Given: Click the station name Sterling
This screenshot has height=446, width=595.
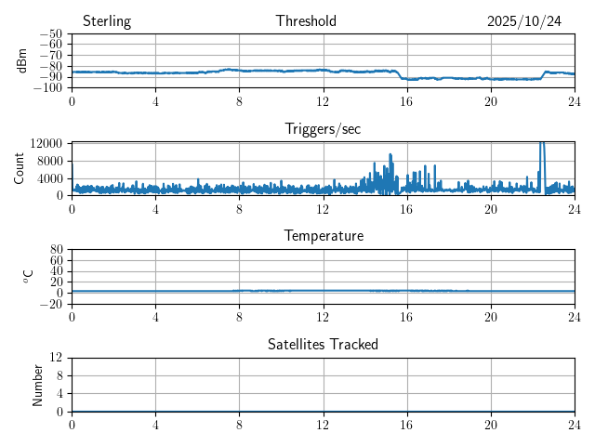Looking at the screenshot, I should click(x=107, y=21).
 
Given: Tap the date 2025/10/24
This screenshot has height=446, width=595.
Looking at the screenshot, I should click(x=524, y=21).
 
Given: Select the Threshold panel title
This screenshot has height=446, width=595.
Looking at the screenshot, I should click(x=306, y=21).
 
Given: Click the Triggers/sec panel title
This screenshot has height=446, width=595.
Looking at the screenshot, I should click(x=323, y=129).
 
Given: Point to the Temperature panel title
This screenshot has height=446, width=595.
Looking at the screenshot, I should click(x=323, y=236).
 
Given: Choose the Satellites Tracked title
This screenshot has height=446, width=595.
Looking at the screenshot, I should click(x=323, y=344).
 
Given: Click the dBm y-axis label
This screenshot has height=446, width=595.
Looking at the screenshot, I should click(x=22, y=60).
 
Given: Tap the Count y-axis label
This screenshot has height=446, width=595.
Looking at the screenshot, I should click(x=19, y=168).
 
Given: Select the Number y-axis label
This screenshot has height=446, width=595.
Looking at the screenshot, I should click(x=38, y=384).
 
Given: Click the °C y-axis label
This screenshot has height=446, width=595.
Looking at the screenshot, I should click(x=29, y=276).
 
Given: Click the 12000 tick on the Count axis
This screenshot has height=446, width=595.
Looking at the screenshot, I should click(x=46, y=143).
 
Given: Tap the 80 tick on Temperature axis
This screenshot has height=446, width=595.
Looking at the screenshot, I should click(x=56, y=250).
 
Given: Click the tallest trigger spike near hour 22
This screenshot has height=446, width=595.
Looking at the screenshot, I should click(x=542, y=145).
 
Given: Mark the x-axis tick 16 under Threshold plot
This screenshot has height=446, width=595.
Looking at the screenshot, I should click(x=406, y=100).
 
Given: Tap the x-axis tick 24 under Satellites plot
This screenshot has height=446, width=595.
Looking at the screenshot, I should click(x=575, y=424).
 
